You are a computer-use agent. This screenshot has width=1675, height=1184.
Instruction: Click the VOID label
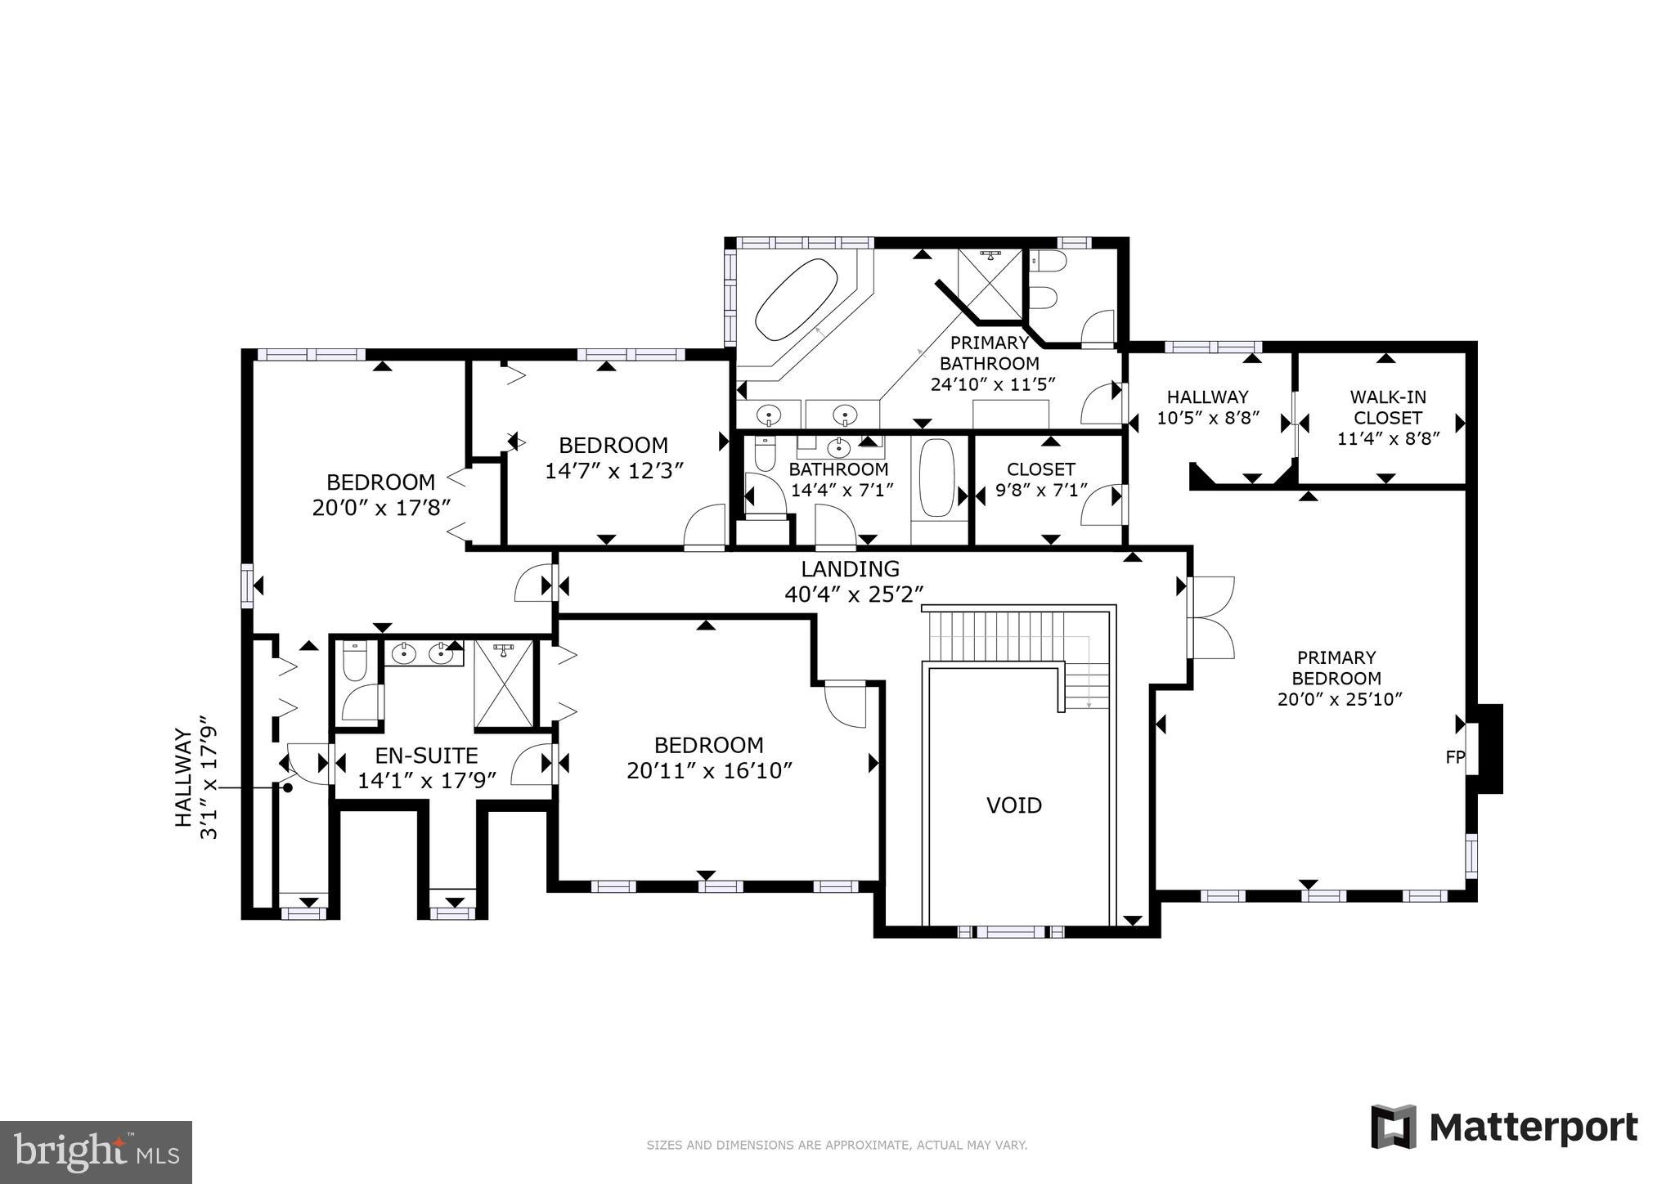[x=1013, y=805]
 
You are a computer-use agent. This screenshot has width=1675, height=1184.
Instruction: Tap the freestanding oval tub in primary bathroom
[x=796, y=299]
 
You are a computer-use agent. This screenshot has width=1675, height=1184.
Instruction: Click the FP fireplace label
[x=1455, y=757]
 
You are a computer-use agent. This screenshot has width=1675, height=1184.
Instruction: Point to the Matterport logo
[x=1504, y=1128]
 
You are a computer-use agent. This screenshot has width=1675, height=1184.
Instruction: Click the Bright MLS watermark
[x=96, y=1152]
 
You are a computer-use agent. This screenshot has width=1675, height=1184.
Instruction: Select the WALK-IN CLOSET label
[x=1387, y=407]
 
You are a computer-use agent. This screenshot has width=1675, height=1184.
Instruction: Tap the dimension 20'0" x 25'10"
[x=1340, y=699]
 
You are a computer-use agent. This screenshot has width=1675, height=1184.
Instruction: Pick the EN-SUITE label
[x=426, y=756]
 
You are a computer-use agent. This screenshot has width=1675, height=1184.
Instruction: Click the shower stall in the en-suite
[x=503, y=684]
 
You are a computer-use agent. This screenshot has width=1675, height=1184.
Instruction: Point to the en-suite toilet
[x=355, y=663]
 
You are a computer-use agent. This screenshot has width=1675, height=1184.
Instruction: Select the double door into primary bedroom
[x=1210, y=617]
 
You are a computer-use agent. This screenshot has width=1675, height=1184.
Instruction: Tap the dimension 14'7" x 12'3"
[x=613, y=471]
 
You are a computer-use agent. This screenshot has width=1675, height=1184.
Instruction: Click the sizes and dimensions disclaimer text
[x=837, y=1146]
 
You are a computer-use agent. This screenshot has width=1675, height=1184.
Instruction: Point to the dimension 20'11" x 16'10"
[x=709, y=771]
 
